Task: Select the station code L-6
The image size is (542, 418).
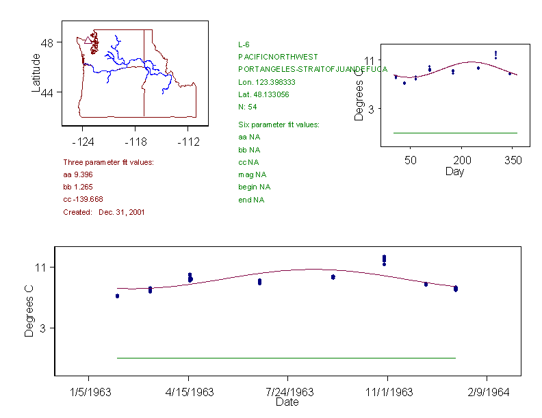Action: pyautogui.click(x=244, y=44)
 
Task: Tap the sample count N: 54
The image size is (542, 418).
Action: pyautogui.click(x=247, y=107)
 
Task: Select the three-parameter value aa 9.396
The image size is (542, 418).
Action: pyautogui.click(x=78, y=174)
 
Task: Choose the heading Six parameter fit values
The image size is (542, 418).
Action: pyautogui.click(x=279, y=125)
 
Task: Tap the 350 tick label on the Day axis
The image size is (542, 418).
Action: pyautogui.click(x=513, y=160)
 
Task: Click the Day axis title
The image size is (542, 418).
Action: pyautogui.click(x=454, y=171)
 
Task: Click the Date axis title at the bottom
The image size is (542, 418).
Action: pyautogui.click(x=287, y=402)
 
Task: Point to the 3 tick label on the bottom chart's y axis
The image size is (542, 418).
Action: pyautogui.click(x=43, y=329)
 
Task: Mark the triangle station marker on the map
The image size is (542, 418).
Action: pyautogui.click(x=88, y=42)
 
